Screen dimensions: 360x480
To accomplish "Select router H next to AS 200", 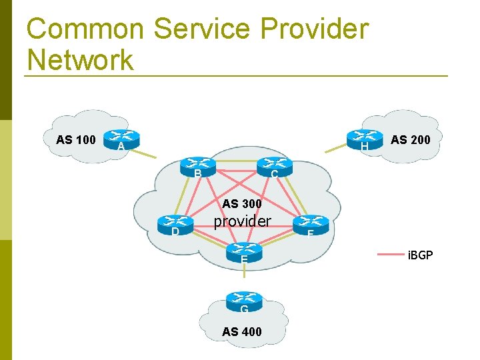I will tap(365, 139).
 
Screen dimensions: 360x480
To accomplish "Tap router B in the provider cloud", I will tap(198, 167).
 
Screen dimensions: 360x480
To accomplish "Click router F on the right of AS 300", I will tap(311, 225).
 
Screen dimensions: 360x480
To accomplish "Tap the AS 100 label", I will tap(76, 140).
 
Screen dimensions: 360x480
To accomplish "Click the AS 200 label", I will tap(411, 140).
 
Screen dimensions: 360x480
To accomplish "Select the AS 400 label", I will tap(242, 331).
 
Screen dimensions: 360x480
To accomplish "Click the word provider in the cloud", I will tap(242, 221).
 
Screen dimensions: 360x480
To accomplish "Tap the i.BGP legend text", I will tap(419, 254).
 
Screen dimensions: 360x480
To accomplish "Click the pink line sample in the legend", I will tap(391, 254).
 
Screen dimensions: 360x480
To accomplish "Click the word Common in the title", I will tap(85, 29).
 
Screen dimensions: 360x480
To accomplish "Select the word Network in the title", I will tap(80, 60).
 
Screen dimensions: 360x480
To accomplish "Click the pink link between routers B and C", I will tap(236, 164).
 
